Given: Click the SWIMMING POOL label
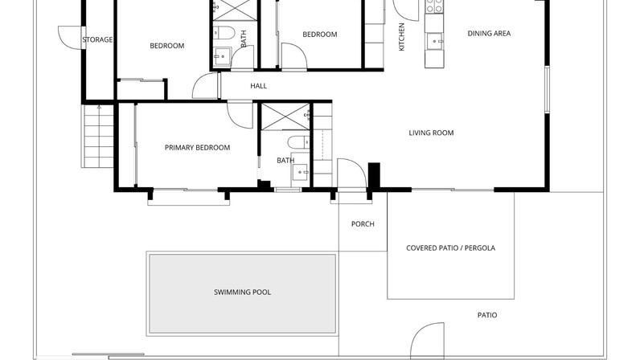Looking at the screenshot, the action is click(243, 292).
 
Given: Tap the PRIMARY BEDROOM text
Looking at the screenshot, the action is click(197, 148).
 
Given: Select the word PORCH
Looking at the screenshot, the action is click(363, 224).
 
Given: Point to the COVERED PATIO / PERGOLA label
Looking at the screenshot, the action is click(450, 248).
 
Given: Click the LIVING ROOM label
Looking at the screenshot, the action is click(431, 133).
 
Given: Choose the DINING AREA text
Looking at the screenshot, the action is click(489, 34).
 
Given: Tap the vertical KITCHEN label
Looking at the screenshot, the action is click(401, 37).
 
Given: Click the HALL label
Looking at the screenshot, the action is click(258, 86).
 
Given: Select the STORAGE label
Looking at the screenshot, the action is click(97, 39).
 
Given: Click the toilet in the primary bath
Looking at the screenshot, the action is click(299, 142).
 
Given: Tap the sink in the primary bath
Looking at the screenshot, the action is click(301, 173).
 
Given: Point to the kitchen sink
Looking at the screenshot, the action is click(434, 41).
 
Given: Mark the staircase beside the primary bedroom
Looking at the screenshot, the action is click(97, 137).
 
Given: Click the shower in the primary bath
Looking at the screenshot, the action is click(285, 117).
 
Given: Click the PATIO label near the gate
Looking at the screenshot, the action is click(487, 316).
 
